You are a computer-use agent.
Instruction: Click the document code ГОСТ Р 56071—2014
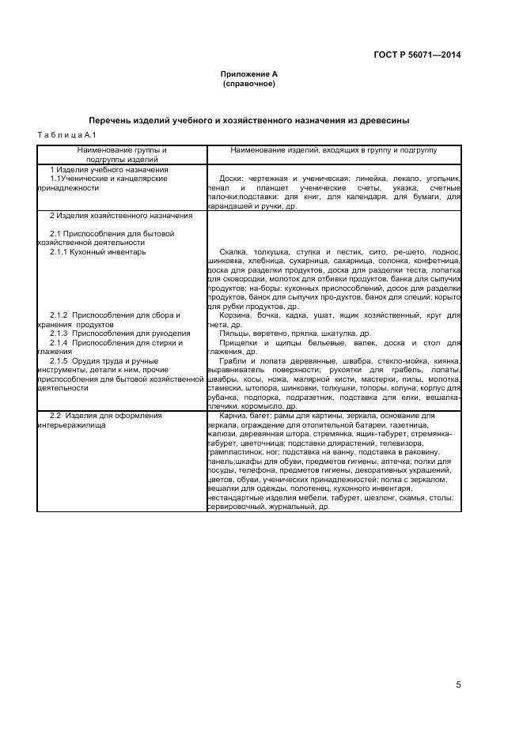[x=417, y=55]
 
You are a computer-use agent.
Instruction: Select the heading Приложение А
[x=249, y=74]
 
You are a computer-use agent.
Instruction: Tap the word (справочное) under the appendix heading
[x=249, y=83]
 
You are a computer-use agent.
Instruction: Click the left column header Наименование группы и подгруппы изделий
[x=122, y=154]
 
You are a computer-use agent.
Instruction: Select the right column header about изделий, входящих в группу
[x=333, y=149]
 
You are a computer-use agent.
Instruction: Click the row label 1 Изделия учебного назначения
[x=109, y=170]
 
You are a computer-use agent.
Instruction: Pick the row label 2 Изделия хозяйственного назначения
[x=120, y=216]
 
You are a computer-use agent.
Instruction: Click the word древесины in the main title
[x=383, y=121]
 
